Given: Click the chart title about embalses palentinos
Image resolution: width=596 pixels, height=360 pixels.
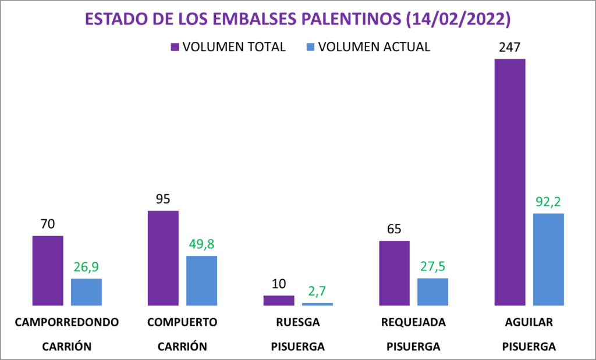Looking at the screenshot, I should (297, 19).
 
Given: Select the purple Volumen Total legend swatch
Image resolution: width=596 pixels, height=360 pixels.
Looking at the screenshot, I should (175, 47).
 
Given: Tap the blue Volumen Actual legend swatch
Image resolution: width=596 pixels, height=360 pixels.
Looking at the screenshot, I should (310, 47).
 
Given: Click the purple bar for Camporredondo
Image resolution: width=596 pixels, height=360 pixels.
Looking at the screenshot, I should (48, 270).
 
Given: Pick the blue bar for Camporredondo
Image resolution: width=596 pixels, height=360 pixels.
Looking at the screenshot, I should (86, 292).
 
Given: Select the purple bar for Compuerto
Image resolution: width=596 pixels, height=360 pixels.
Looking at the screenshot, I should (163, 258).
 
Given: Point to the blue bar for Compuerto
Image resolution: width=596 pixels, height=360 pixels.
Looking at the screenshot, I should (201, 280).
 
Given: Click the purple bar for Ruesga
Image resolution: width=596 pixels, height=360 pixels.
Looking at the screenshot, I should (279, 300).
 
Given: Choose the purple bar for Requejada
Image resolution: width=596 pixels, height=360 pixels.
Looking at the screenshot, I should (394, 273).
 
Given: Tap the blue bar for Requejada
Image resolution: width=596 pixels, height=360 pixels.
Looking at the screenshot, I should (432, 291).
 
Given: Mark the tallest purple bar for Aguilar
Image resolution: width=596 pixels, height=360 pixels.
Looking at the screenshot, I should (510, 182).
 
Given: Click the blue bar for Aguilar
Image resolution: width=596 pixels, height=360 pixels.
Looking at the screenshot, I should (548, 259).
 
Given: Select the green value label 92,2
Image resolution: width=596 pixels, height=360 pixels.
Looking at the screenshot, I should (548, 202).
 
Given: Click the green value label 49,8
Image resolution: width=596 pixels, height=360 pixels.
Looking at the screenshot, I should (201, 244).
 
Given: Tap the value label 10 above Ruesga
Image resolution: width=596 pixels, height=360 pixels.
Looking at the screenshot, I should (279, 284).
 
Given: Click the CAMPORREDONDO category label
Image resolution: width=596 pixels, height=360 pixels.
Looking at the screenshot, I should (67, 322).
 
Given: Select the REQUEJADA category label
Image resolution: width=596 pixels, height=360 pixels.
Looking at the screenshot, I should (413, 322).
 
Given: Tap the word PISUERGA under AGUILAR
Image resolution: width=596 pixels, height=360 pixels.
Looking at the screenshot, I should (529, 347).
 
